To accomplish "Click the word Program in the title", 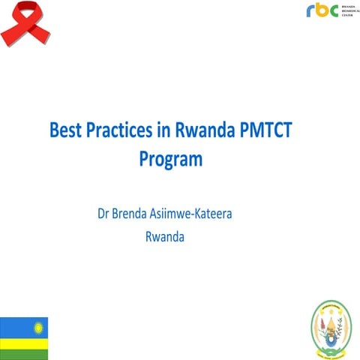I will pos(171,158).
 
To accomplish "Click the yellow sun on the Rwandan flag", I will pos(37,326).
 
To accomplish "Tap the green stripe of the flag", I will pos(23,353).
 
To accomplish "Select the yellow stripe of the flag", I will pos(23,343).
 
